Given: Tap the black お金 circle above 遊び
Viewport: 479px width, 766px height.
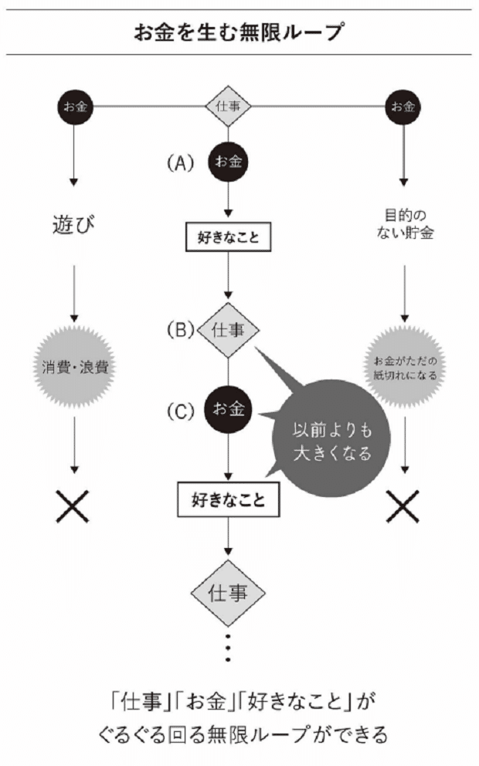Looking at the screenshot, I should (75, 107).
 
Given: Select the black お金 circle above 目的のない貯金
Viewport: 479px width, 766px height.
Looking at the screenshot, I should (403, 107).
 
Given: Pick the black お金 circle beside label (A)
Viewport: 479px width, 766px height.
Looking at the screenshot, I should (229, 162).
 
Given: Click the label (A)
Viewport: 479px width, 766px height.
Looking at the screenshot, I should (178, 163).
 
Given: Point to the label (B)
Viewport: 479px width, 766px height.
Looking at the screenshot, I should (178, 330).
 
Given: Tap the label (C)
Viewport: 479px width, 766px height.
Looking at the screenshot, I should (178, 410).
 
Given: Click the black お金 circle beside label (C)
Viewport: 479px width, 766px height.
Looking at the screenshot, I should (229, 410).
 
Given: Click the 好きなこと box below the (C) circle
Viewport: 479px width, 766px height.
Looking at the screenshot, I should (229, 499).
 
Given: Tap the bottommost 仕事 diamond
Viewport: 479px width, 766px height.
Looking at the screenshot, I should (229, 594).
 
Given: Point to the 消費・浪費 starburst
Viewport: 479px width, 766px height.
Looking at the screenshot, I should (75, 366).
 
